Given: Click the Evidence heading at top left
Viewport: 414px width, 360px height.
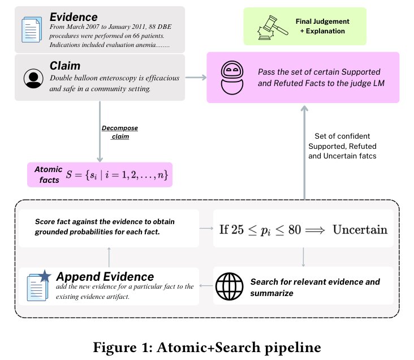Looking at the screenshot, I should coord(74,17).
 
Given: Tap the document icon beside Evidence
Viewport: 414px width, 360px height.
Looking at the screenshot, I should coord(31,30).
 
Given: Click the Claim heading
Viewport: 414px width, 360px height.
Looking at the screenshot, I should coord(65,66).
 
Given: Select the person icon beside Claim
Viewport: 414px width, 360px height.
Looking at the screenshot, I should coord(33,79).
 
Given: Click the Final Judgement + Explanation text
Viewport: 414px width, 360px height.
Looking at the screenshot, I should coord(322,26).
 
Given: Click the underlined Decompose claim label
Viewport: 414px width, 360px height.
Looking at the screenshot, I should coord(119,132).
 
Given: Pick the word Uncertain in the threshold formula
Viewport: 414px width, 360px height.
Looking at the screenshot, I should coord(360,229).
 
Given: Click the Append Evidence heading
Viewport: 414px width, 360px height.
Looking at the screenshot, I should coord(105,276).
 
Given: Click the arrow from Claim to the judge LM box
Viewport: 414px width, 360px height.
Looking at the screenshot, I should coord(196,77).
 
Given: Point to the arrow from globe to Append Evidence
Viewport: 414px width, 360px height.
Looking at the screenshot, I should coord(206,286).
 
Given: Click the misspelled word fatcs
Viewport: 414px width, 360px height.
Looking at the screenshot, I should coord(366,156).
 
